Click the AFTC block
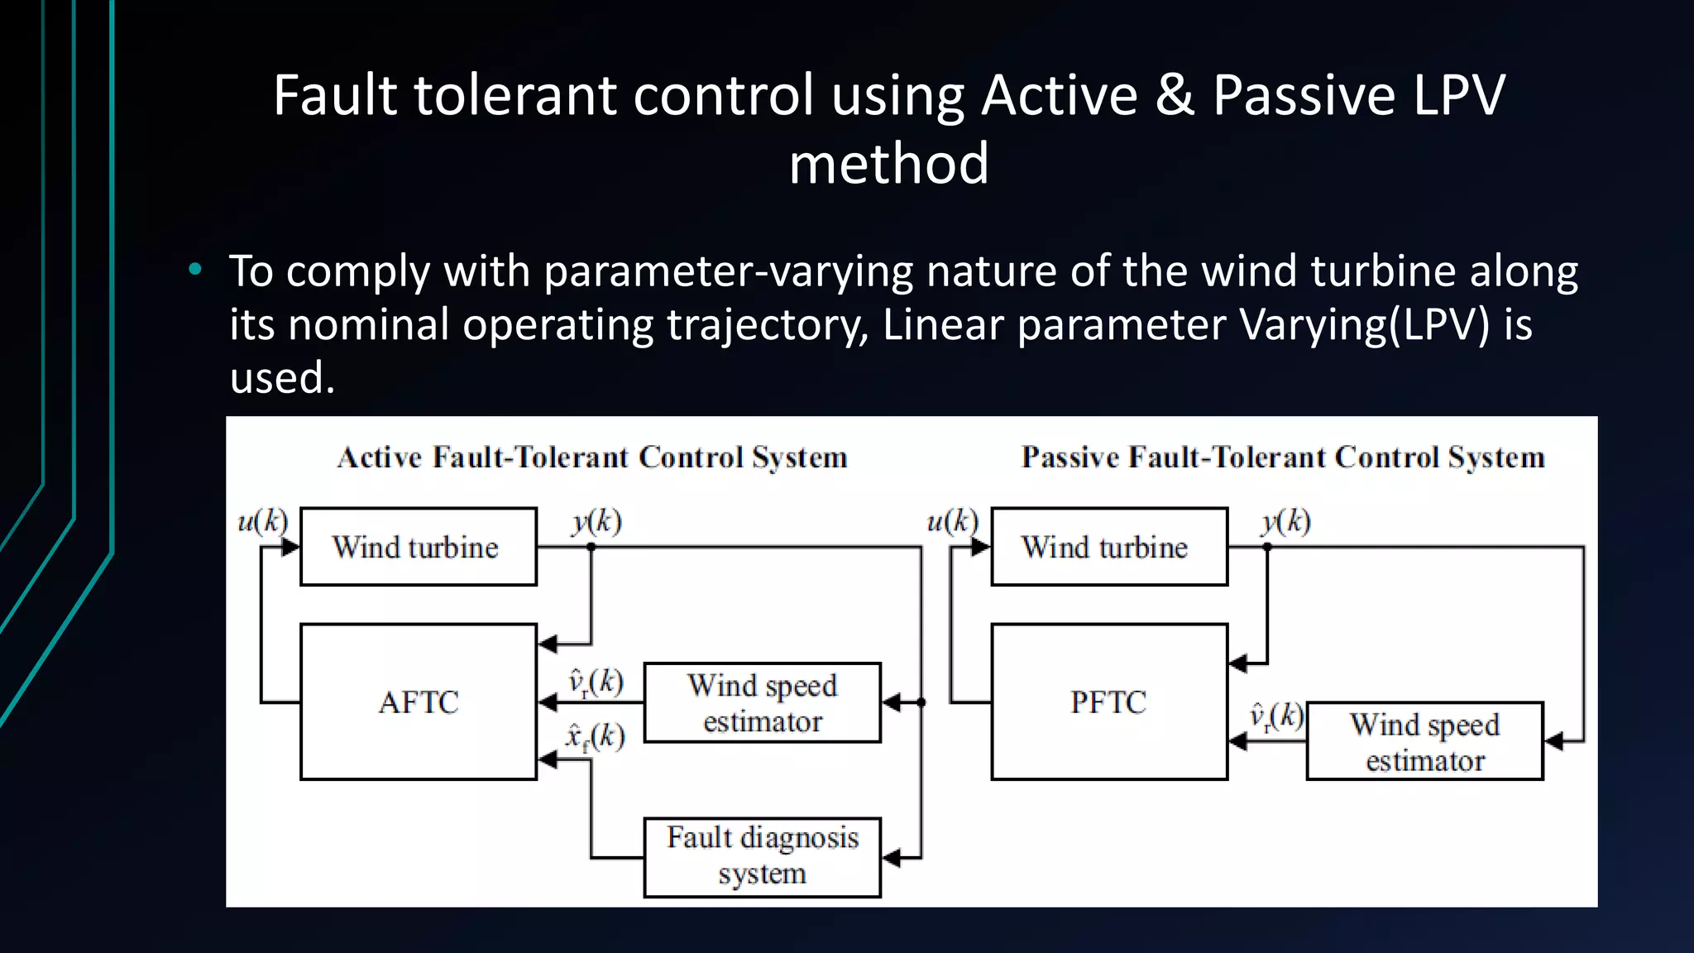pos(419,702)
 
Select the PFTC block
pos(1108,702)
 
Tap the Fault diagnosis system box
pos(762,856)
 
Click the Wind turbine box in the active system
pos(418,547)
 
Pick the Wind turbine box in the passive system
pos(1108,547)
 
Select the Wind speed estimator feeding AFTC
pos(762,702)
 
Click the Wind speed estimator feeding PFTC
pos(1424,741)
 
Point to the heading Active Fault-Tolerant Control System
pos(592,457)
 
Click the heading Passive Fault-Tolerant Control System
pos(1282,457)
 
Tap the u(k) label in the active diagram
pos(262,521)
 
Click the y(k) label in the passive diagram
pos(1286,521)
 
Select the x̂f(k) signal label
pos(594,736)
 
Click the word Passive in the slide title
pos(1305,95)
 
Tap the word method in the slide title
pos(888,164)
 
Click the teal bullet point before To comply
pos(195,269)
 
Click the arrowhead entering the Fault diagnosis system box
pos(891,858)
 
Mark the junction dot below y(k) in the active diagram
pos(591,547)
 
